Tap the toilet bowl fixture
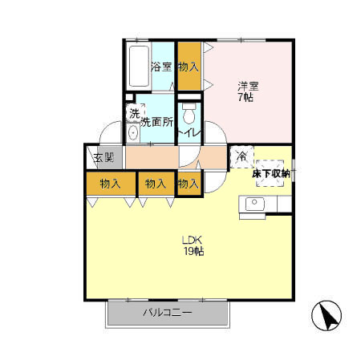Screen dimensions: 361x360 (189, 114)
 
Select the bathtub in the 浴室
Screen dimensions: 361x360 (139, 67)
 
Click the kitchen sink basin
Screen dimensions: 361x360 (255, 204)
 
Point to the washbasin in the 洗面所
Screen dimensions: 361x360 (132, 132)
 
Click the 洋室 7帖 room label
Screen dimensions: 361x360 (248, 91)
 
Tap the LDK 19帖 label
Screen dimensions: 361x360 (193, 245)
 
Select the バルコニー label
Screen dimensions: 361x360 (168, 312)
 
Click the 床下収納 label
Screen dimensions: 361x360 (271, 174)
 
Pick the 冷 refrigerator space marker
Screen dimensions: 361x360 (241, 156)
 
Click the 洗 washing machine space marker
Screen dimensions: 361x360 (135, 114)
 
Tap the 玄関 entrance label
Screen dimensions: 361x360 (103, 158)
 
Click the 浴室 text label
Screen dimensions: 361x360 (161, 67)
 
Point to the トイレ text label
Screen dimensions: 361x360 (189, 133)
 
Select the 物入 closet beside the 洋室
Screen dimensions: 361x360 (189, 67)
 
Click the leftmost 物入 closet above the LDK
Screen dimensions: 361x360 (111, 184)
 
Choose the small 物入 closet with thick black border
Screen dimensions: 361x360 (189, 184)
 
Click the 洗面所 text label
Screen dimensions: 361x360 (156, 123)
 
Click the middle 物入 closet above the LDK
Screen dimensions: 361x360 (156, 184)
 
